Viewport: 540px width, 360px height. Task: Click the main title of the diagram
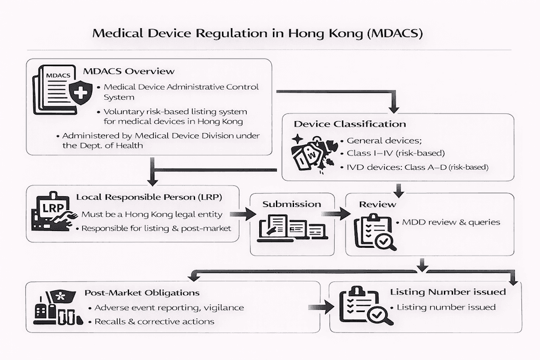(x=257, y=32)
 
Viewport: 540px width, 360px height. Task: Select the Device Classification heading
(x=350, y=124)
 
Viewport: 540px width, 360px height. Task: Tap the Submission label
(x=292, y=204)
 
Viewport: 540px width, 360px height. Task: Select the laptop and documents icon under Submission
(x=292, y=229)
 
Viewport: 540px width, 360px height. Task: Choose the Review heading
(x=377, y=204)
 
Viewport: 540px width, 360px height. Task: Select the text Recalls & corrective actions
(x=154, y=322)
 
